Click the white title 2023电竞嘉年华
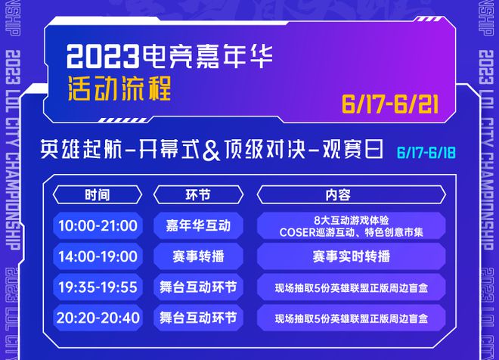point(169,57)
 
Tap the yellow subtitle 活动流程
point(119,88)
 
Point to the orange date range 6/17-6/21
point(390,104)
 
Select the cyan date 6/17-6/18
point(426,153)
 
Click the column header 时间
point(98,194)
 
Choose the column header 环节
point(198,194)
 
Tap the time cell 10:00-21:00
point(98,225)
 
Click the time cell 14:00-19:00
point(98,256)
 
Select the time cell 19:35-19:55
point(98,287)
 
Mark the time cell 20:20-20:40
point(98,318)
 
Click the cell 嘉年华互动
point(198,225)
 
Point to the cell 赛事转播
point(198,256)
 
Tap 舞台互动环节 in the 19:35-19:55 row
point(198,287)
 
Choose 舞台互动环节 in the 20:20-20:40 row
point(198,318)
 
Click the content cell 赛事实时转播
point(351,256)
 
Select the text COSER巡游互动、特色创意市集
point(351,232)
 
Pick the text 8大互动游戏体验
point(351,220)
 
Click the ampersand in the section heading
point(211,151)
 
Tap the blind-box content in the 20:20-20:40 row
point(351,318)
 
